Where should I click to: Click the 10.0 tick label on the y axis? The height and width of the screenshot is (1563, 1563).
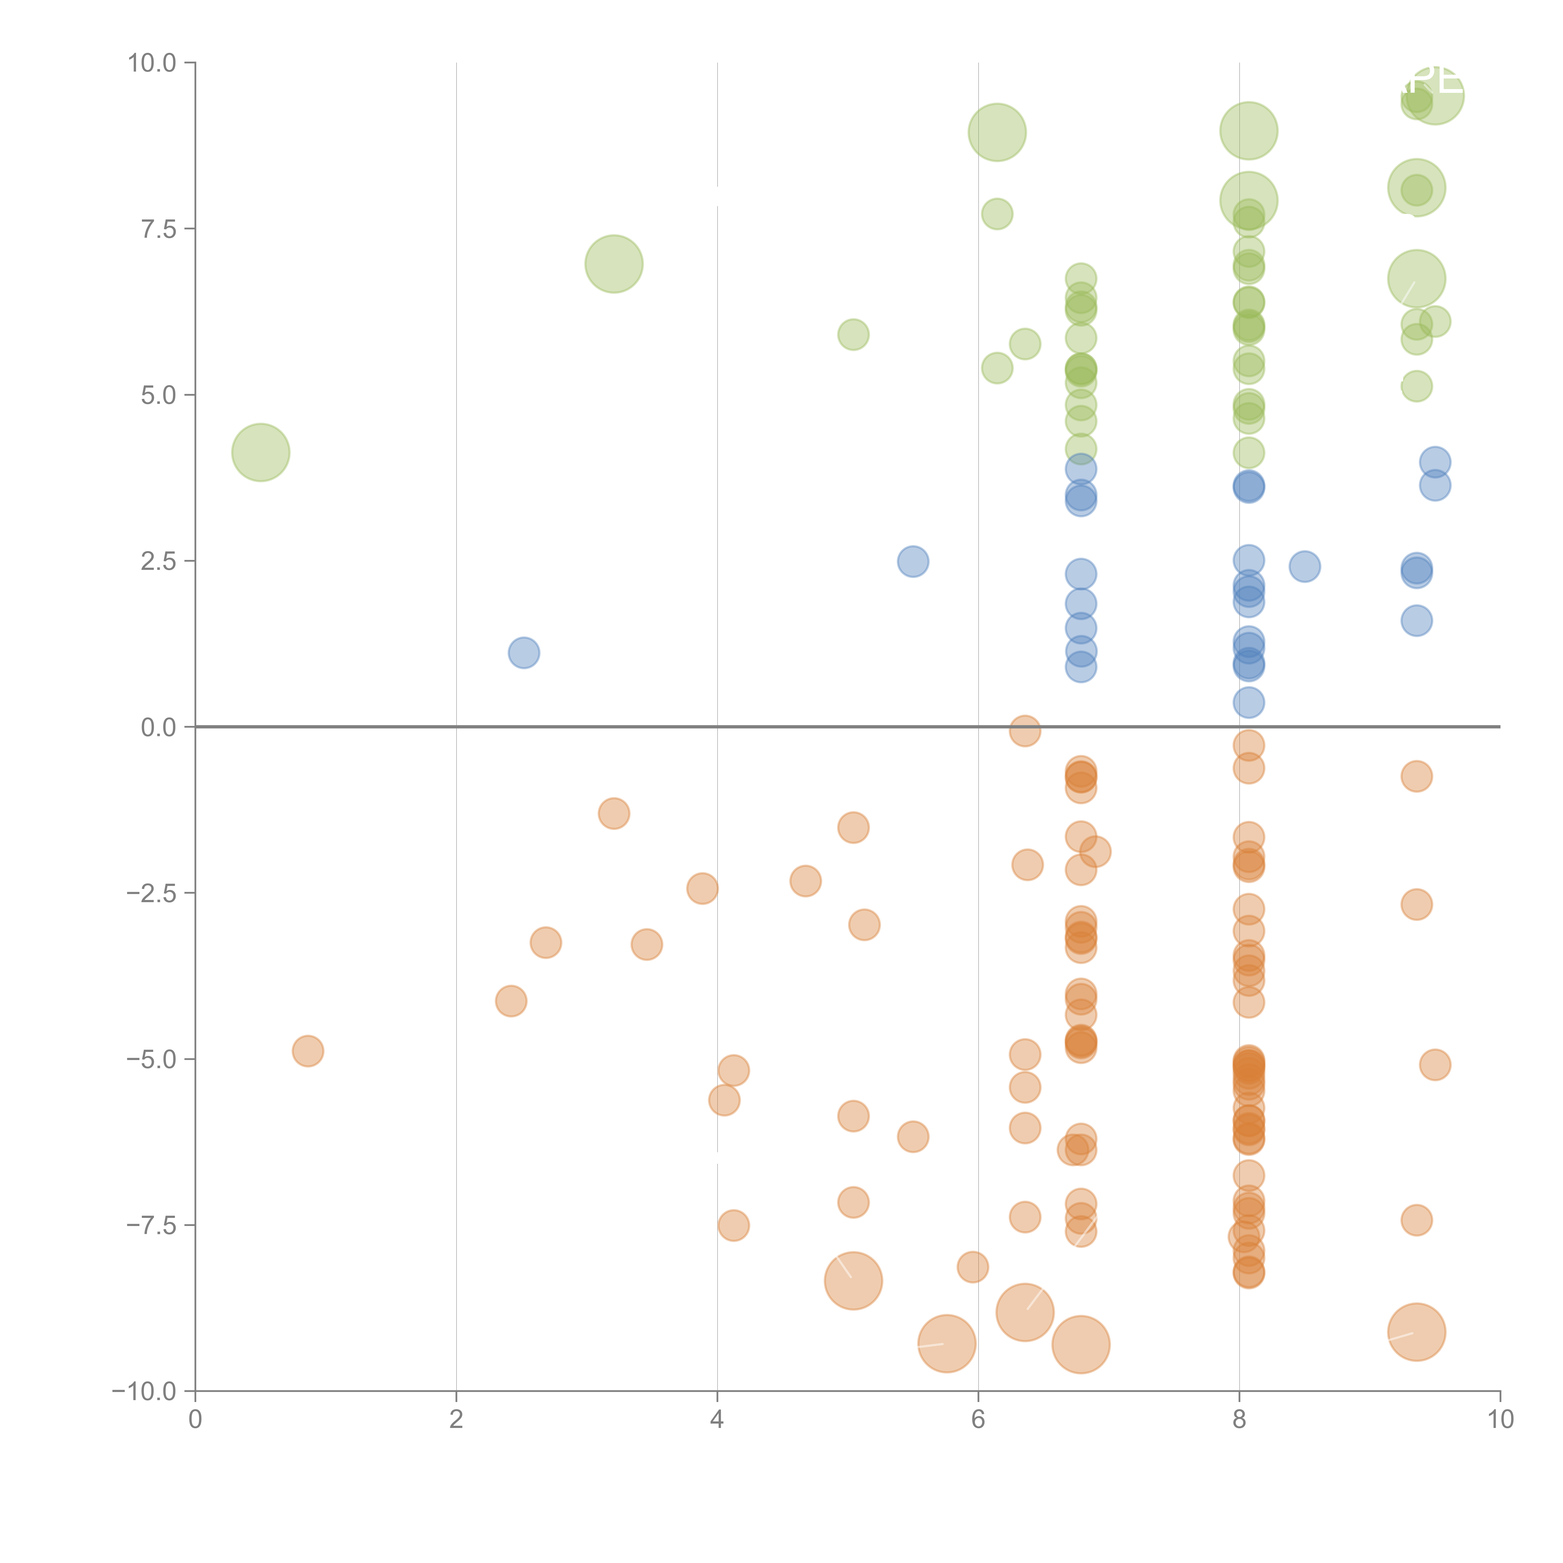click(152, 63)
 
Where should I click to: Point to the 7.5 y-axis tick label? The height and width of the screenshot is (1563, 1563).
click(158, 229)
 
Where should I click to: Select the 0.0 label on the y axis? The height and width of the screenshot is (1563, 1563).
click(158, 727)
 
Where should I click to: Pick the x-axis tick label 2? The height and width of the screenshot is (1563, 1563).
click(456, 1420)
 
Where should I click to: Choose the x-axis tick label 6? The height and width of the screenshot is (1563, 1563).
click(978, 1420)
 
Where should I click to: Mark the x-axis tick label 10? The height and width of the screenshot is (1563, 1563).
click(1500, 1420)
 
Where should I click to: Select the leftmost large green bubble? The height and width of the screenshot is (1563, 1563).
click(260, 452)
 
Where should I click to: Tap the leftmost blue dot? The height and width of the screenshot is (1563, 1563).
click(524, 653)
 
